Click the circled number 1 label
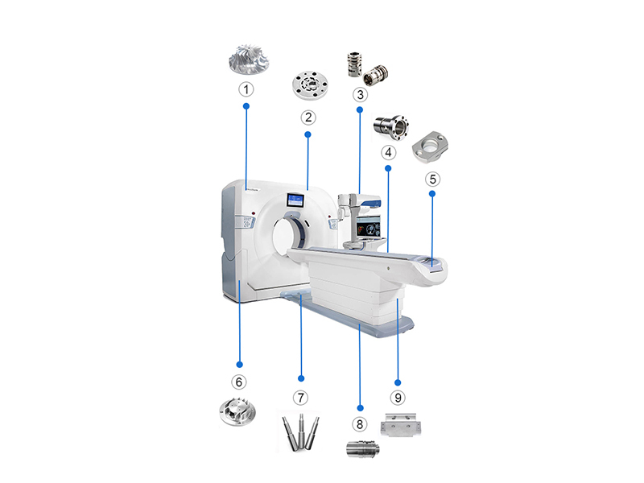pyautogui.click(x=246, y=89)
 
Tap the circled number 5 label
pyautogui.click(x=432, y=178)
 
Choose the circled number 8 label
pyautogui.click(x=360, y=423)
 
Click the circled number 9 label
pyautogui.click(x=396, y=397)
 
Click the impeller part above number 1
pyautogui.click(x=246, y=61)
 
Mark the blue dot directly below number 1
pyautogui.click(x=246, y=105)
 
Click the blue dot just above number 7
pyautogui.click(x=301, y=378)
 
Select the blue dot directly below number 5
pyautogui.click(x=432, y=194)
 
